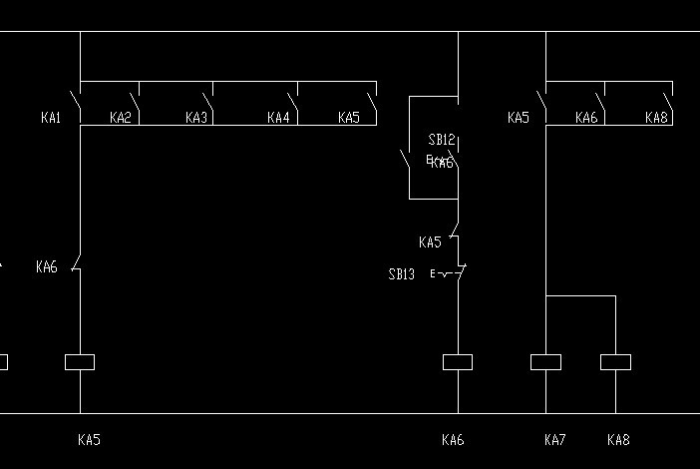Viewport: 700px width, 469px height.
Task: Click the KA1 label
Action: click(51, 118)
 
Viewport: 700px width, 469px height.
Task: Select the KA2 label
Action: click(120, 118)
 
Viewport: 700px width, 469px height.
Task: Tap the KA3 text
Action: click(196, 118)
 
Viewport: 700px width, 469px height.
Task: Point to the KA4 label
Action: click(278, 118)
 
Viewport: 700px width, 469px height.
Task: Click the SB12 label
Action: click(442, 140)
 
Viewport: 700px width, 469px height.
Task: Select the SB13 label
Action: click(402, 274)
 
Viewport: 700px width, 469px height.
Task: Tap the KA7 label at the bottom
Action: click(555, 439)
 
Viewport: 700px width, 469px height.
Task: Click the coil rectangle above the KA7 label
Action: click(545, 362)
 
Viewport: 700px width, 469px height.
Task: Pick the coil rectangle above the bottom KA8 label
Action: click(615, 362)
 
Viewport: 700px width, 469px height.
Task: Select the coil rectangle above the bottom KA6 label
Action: click(458, 362)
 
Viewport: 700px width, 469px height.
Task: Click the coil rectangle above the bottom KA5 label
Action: click(80, 362)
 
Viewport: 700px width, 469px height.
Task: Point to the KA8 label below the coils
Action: click(618, 439)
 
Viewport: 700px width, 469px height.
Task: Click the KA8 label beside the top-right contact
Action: click(656, 118)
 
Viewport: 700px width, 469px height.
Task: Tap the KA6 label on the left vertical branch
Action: click(47, 266)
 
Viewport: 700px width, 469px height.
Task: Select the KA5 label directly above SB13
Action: click(430, 242)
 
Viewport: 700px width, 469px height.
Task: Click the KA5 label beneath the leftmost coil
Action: click(89, 439)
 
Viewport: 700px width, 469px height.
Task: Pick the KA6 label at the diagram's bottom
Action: click(453, 439)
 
